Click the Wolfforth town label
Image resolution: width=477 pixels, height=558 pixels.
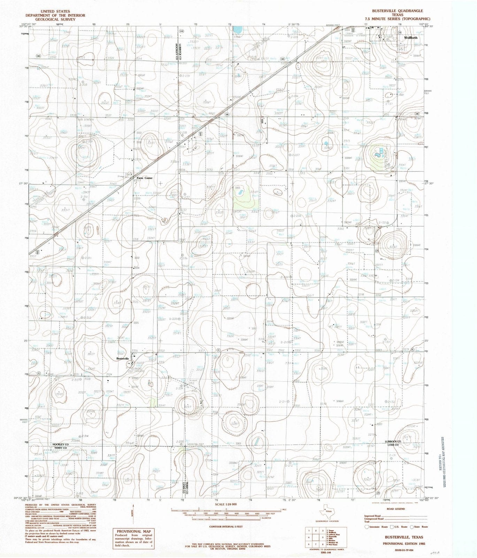(410, 38)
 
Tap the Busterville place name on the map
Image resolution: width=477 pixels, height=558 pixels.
(122, 359)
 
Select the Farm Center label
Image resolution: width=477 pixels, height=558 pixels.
(144, 178)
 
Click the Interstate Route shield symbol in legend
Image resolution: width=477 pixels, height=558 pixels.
(366, 527)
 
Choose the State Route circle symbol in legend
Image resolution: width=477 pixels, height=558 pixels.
(412, 527)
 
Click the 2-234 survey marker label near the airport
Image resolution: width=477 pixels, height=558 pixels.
(179, 388)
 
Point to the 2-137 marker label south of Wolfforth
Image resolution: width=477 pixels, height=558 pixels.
(389, 103)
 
